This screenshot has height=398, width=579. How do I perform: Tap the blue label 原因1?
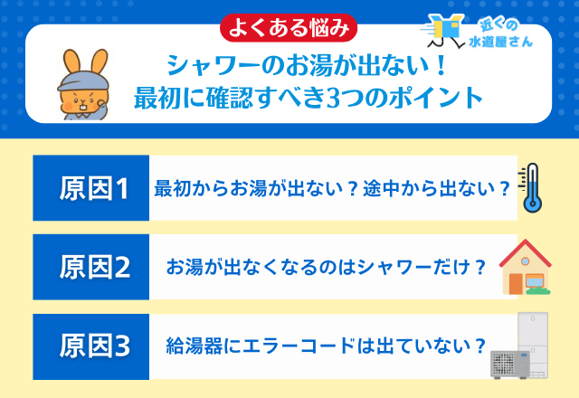point(94,189)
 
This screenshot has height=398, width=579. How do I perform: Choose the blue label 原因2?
point(94,268)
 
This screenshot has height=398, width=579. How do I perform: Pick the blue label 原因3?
point(94,346)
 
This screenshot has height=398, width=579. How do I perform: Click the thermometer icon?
point(530,188)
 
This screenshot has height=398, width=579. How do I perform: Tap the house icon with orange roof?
point(526,267)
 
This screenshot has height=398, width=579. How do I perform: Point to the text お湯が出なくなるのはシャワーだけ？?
point(326,269)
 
